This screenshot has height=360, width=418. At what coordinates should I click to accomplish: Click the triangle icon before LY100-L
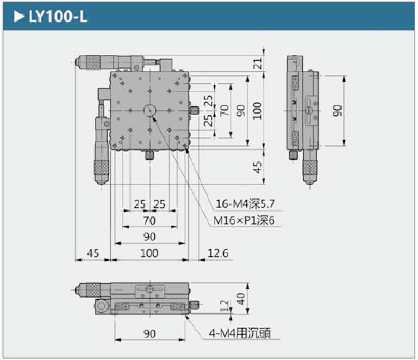coord(19,17)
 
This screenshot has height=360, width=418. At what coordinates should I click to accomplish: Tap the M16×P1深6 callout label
coord(244,221)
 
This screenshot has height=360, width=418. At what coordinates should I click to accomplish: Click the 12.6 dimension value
coord(218,253)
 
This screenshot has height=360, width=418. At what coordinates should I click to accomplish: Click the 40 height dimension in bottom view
coord(242,299)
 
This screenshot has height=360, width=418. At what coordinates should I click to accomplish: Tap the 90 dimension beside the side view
coord(338,110)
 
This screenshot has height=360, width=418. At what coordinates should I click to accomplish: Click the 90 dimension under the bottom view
coord(150,334)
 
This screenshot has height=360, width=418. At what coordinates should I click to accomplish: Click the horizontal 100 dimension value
coord(149,253)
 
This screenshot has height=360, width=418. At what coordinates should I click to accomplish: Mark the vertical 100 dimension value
coord(257,110)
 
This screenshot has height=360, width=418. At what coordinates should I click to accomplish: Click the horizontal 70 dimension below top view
coord(150,221)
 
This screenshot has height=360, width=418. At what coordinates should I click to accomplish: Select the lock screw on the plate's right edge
coord(195,110)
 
